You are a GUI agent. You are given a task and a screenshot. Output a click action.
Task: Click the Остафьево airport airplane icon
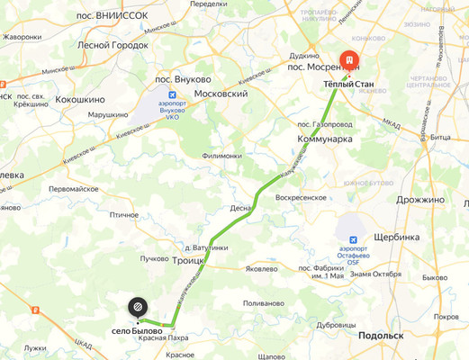pos(353,240)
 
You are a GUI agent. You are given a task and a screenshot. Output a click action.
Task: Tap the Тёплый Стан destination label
pos(348,85)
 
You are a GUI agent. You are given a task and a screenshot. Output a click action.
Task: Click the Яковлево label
pos(260,268)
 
